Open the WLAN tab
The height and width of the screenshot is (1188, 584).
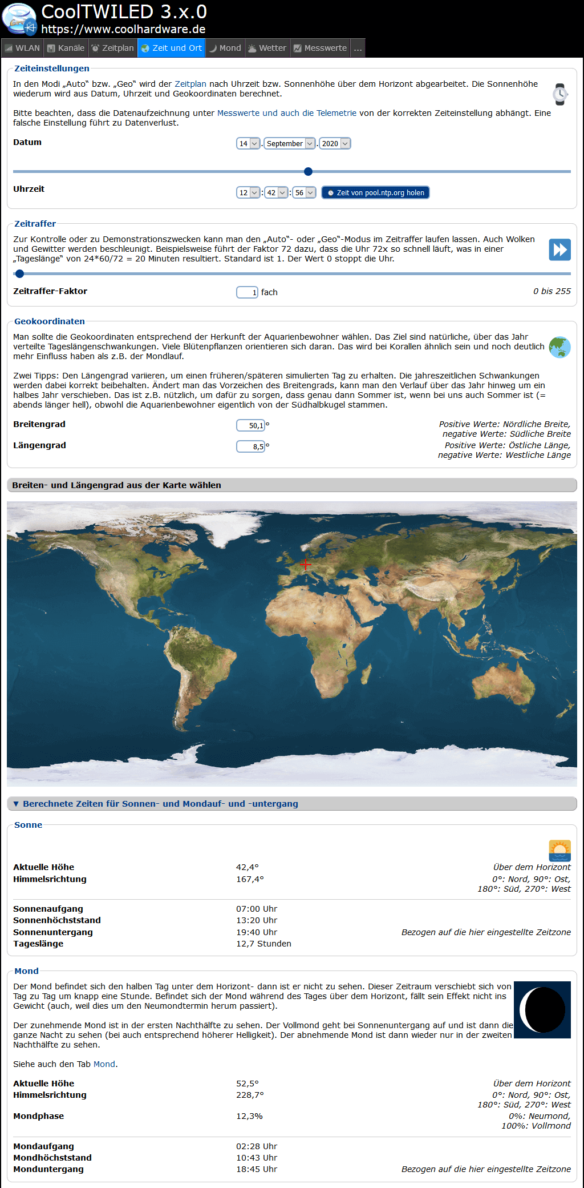click(x=22, y=48)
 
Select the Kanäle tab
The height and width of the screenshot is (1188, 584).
click(x=66, y=48)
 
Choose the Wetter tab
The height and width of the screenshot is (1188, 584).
click(x=267, y=48)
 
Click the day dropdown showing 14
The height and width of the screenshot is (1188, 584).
click(x=248, y=143)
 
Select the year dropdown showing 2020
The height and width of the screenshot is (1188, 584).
click(x=335, y=143)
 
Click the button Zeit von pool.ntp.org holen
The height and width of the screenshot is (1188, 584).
click(x=375, y=192)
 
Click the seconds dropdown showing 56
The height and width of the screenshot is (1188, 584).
click(x=304, y=192)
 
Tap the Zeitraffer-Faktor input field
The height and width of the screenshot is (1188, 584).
click(x=247, y=292)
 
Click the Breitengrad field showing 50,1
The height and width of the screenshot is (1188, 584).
click(x=250, y=425)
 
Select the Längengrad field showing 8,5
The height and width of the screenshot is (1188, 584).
click(x=250, y=446)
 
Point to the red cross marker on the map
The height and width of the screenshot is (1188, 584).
click(x=306, y=565)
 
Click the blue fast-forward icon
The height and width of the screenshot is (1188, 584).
click(x=559, y=249)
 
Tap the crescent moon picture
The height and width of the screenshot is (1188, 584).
click(x=542, y=1010)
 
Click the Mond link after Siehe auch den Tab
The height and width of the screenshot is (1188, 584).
click(x=104, y=1064)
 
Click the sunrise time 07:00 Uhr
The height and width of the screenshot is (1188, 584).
click(x=257, y=909)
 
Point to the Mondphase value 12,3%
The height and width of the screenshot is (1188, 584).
click(x=249, y=1116)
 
